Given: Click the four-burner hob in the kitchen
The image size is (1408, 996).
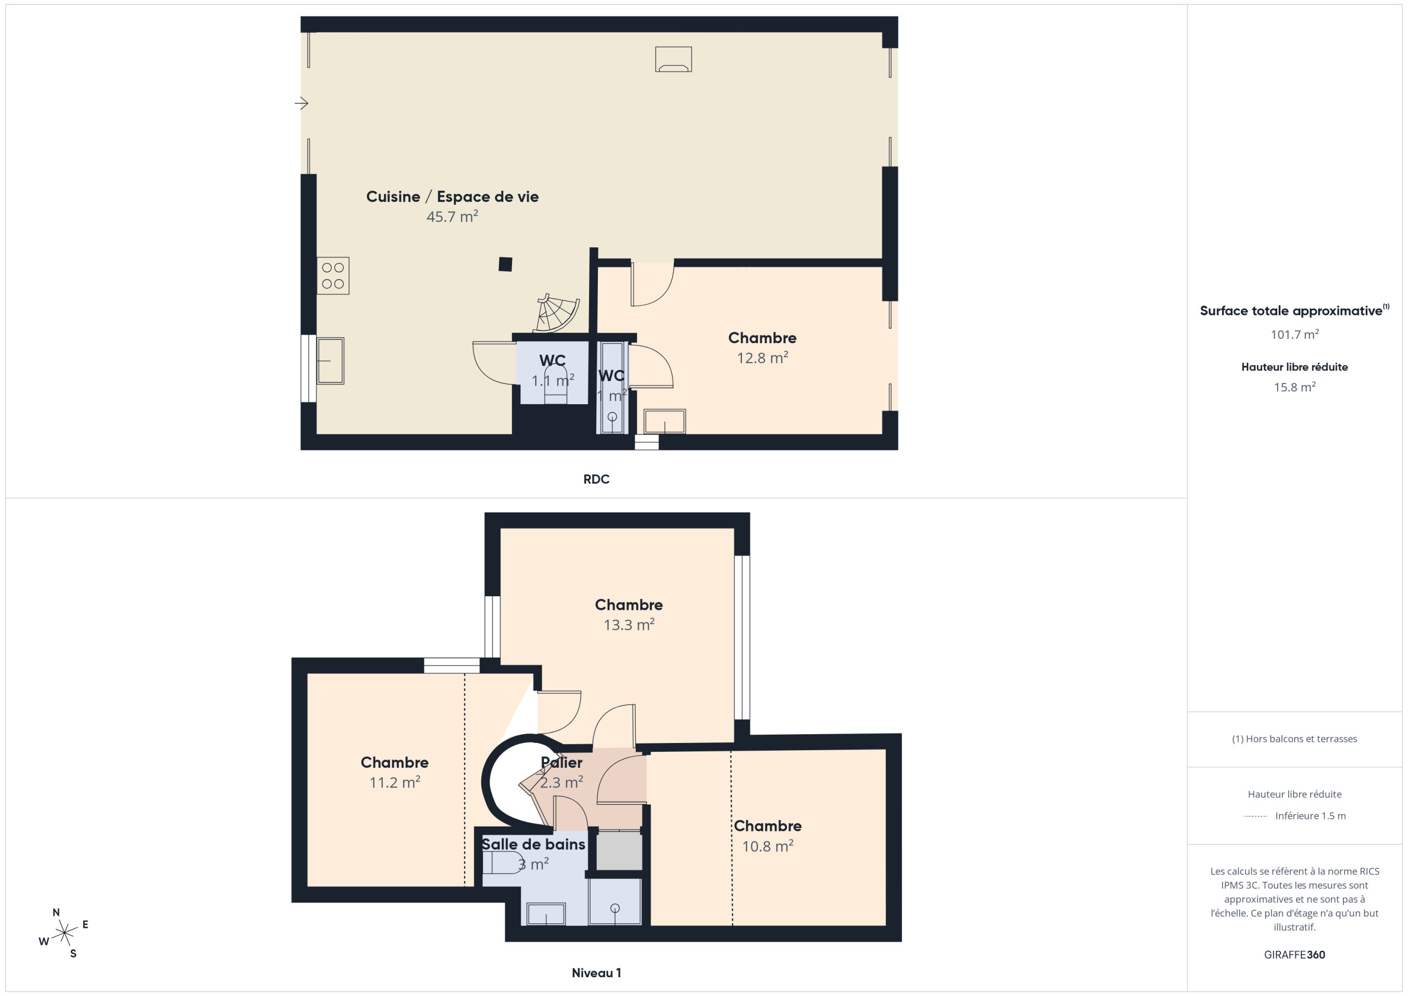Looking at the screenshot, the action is (x=333, y=276).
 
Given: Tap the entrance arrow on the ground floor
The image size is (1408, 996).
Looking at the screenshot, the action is (x=301, y=103).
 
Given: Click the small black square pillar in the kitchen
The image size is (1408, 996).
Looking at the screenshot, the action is (x=505, y=265).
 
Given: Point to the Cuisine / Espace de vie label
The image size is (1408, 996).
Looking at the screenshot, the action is (x=453, y=197).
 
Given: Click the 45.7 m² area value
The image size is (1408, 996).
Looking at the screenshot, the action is (x=453, y=217).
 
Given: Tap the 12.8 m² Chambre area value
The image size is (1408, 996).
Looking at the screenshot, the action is (x=762, y=357).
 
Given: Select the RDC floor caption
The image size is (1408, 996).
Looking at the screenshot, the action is (x=596, y=479).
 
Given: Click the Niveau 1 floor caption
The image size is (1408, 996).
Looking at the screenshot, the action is (x=596, y=973).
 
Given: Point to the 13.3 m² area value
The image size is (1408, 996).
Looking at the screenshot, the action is (x=629, y=624).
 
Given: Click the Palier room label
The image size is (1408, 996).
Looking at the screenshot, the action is (x=562, y=762).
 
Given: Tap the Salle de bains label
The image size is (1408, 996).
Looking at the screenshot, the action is (x=533, y=844).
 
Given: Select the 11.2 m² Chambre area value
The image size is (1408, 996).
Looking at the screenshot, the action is (x=395, y=782).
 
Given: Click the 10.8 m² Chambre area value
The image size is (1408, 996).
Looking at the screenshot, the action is (x=768, y=846).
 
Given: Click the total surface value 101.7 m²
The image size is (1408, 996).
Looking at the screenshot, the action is (x=1295, y=334).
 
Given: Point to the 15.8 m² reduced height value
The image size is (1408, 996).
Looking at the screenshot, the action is (x=1295, y=387).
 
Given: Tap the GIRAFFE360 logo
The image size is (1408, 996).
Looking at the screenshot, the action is (x=1295, y=955).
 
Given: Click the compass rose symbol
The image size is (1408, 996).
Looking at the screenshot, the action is (x=64, y=933).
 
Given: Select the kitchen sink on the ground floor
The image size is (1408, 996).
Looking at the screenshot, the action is (x=331, y=361).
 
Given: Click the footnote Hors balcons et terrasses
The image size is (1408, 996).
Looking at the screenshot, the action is (x=1295, y=739).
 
